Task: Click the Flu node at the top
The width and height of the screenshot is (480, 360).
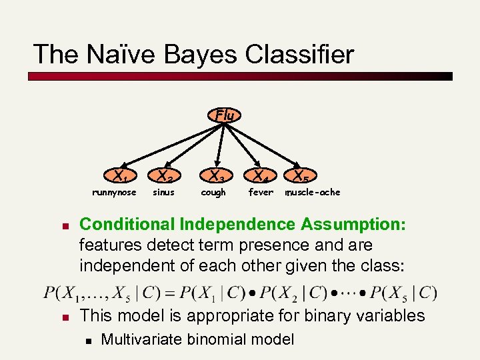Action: point(225,115)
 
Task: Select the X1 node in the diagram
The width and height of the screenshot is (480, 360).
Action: point(121,177)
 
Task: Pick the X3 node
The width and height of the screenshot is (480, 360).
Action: point(216,177)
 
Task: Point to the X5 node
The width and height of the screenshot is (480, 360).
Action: point(301,177)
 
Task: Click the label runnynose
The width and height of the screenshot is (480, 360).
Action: point(114,193)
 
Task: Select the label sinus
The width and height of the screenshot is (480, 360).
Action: point(163,193)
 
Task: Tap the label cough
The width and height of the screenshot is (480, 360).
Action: point(213,193)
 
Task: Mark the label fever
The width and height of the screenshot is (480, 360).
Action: point(261,193)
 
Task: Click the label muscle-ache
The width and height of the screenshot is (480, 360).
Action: point(313,193)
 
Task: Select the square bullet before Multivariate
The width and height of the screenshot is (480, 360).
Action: point(87,340)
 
